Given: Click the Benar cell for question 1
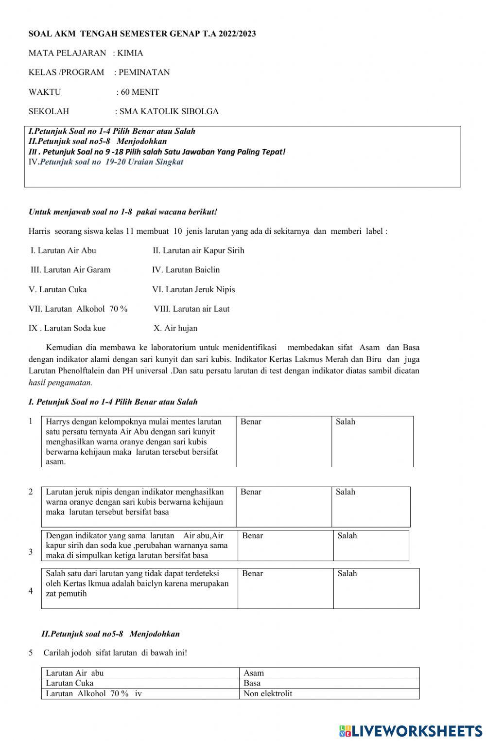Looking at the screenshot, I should (x=284, y=441).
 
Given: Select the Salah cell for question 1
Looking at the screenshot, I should (x=372, y=441).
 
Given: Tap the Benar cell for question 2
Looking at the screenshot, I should (x=284, y=507).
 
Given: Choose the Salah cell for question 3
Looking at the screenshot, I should (x=371, y=545).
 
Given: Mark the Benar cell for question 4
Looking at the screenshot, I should (x=285, y=588).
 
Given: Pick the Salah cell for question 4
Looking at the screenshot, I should (x=376, y=588).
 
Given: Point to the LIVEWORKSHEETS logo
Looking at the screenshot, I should (x=411, y=731).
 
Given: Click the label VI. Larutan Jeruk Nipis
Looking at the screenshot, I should (x=193, y=290).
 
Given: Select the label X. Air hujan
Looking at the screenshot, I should (x=175, y=328).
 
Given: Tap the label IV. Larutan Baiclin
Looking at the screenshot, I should (x=186, y=270).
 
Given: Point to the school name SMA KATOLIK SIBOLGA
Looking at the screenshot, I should (x=169, y=111).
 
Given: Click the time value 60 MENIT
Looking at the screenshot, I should (x=140, y=92).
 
